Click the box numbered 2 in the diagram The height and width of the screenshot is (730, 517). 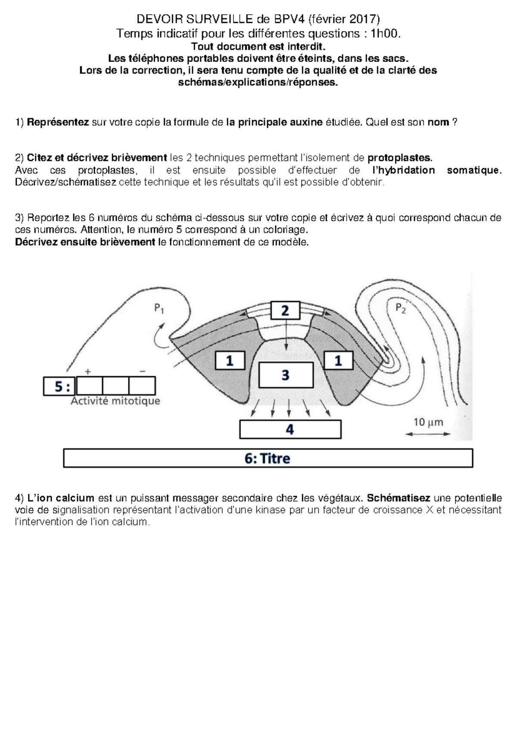coord(285,310)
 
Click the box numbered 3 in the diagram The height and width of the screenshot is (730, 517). coord(285,375)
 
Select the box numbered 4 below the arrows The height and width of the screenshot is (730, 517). coord(290,429)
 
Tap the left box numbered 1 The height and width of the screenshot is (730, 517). coord(230,361)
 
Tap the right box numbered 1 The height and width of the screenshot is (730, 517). coord(338,361)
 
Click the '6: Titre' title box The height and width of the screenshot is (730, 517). coord(268,458)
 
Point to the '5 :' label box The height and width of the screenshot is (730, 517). coord(59,386)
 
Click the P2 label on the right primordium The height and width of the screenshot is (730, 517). coord(400,308)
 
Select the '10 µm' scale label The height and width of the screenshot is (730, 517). coord(428,422)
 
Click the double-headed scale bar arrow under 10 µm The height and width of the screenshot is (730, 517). coord(428,434)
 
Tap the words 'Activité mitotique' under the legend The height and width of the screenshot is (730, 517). coord(115,401)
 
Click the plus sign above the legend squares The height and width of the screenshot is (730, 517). coord(88,371)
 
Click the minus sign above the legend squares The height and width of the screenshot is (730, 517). coord(143,371)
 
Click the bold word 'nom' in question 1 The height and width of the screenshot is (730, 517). coord(438,122)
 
